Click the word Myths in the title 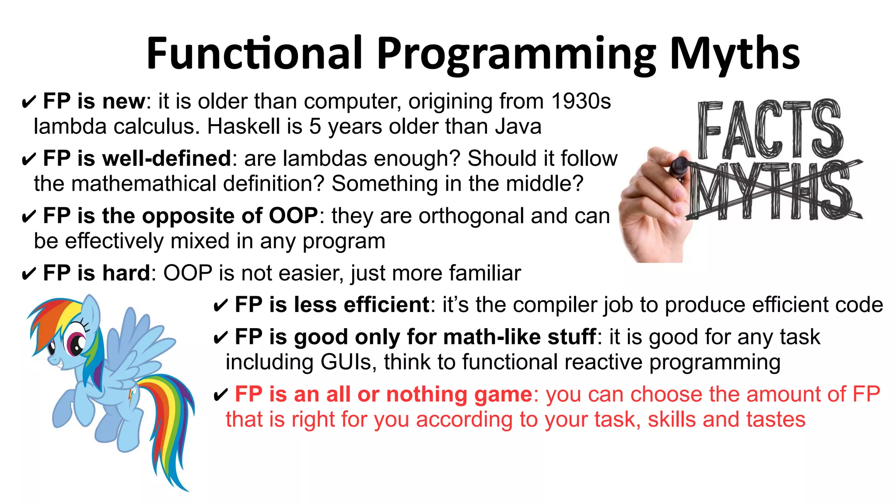[735, 53]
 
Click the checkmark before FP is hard [28, 275]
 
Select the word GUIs [346, 362]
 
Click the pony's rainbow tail [168, 420]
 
